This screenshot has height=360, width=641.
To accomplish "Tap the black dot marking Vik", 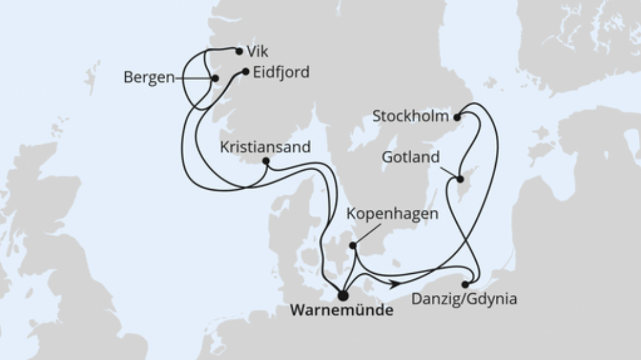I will tap(239, 51).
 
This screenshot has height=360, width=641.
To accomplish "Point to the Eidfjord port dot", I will tap(245, 72).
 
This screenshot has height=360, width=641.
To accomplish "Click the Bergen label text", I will tap(149, 78).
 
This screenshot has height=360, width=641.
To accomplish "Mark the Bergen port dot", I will tap(215, 78).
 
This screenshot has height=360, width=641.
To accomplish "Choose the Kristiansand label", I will tap(265, 147).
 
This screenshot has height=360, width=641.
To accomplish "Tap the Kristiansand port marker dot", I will tap(265, 161).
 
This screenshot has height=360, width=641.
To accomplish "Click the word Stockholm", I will tap(410, 117).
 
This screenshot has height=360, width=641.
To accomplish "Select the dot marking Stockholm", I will tap(457, 118).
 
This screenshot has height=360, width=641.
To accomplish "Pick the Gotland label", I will tap(412, 157).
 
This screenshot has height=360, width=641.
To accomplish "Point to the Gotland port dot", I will tap(460, 179).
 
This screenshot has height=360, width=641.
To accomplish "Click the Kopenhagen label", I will tap(393, 214).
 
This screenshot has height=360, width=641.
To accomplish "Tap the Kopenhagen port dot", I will tap(353, 246).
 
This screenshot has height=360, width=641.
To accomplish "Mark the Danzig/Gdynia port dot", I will tap(465, 284).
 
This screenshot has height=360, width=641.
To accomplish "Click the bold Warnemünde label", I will tap(342, 311).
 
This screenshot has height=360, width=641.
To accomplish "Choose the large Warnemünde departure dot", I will tap(343, 295).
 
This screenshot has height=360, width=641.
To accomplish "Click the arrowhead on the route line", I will tap(395, 283).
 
